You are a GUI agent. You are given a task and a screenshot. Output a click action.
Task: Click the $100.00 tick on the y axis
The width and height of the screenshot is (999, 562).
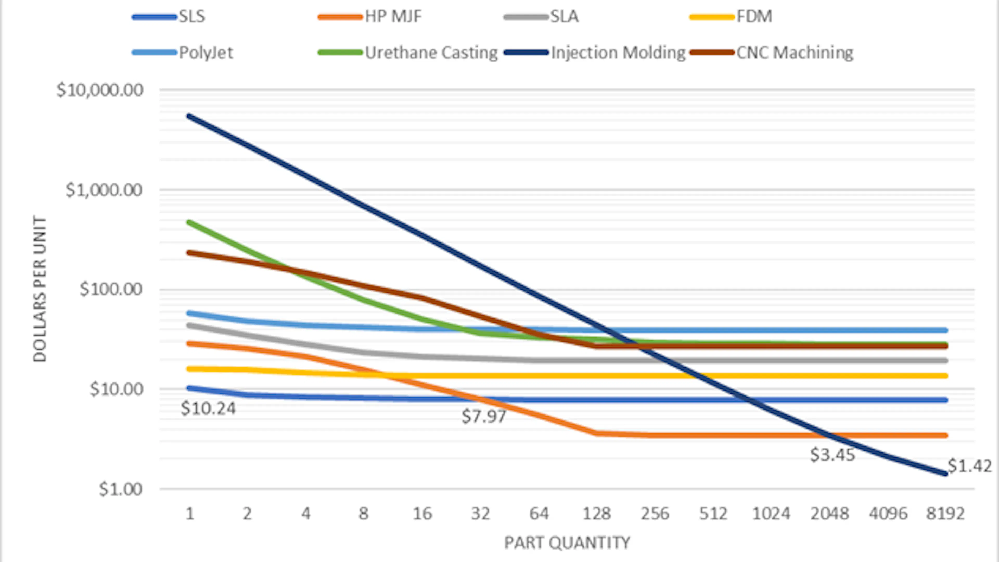pos(111,289)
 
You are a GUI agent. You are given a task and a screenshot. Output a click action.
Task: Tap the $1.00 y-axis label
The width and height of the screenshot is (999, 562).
pos(121,489)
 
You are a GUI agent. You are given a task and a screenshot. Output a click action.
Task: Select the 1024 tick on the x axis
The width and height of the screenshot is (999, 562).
pos(771,514)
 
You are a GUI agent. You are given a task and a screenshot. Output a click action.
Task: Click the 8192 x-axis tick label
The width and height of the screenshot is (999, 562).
pos(945,514)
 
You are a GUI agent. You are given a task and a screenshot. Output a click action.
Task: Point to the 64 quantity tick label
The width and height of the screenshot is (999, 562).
pos(539,514)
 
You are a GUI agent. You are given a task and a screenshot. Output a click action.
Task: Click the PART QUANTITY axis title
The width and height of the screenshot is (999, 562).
pos(567,542)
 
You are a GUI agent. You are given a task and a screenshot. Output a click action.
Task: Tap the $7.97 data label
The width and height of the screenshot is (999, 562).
pos(484,416)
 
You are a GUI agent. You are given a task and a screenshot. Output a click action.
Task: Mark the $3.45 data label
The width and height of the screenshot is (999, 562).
pos(832,455)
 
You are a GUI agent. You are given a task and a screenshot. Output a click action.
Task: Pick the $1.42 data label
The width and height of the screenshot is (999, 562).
pos(970,465)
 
